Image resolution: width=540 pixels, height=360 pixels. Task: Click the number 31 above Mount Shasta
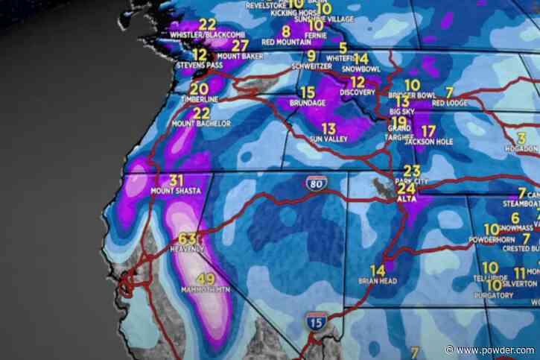(177, 180)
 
